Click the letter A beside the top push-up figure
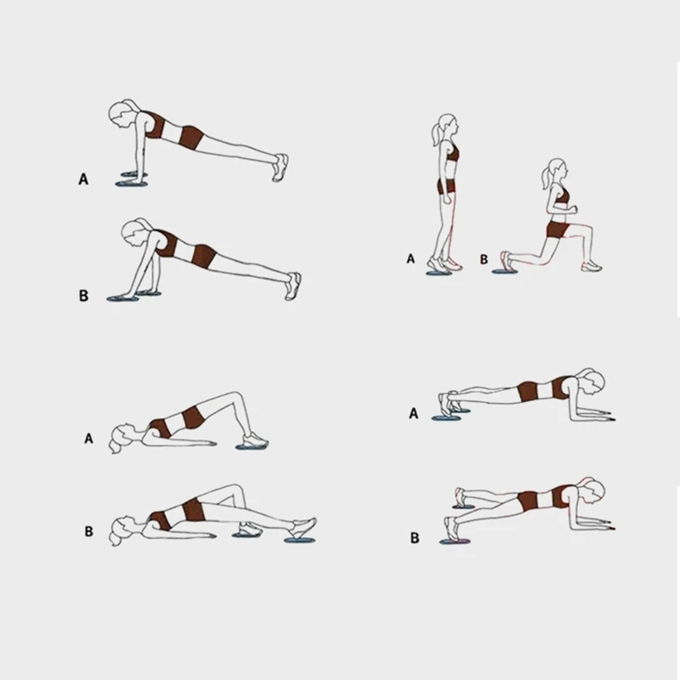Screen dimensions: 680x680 [83, 179]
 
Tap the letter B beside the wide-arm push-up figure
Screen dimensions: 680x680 [83, 296]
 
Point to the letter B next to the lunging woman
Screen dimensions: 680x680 [484, 259]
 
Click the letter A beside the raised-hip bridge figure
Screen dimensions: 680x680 [88, 439]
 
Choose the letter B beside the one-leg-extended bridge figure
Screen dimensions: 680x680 [88, 533]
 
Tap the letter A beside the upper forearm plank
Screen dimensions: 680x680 [414, 413]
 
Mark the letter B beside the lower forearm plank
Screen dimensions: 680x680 [414, 537]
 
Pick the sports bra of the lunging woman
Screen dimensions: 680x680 [562, 200]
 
